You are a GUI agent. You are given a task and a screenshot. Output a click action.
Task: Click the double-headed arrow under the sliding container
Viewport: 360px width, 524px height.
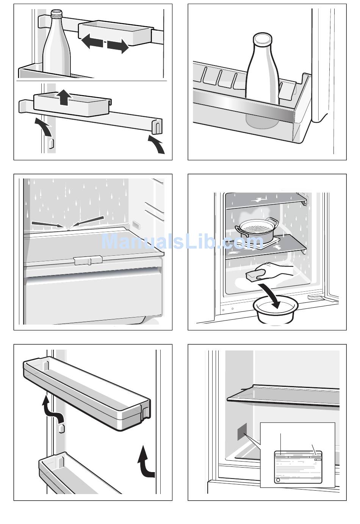(105, 45)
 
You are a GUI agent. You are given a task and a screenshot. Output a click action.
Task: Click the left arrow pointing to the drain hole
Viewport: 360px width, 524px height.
(46, 225)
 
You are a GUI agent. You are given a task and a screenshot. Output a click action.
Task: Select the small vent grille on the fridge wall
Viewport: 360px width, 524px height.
(136, 225)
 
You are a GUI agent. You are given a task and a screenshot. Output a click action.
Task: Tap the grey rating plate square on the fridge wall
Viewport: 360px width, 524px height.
(242, 432)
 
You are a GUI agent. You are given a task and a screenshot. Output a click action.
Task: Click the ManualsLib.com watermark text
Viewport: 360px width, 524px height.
(182, 241)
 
